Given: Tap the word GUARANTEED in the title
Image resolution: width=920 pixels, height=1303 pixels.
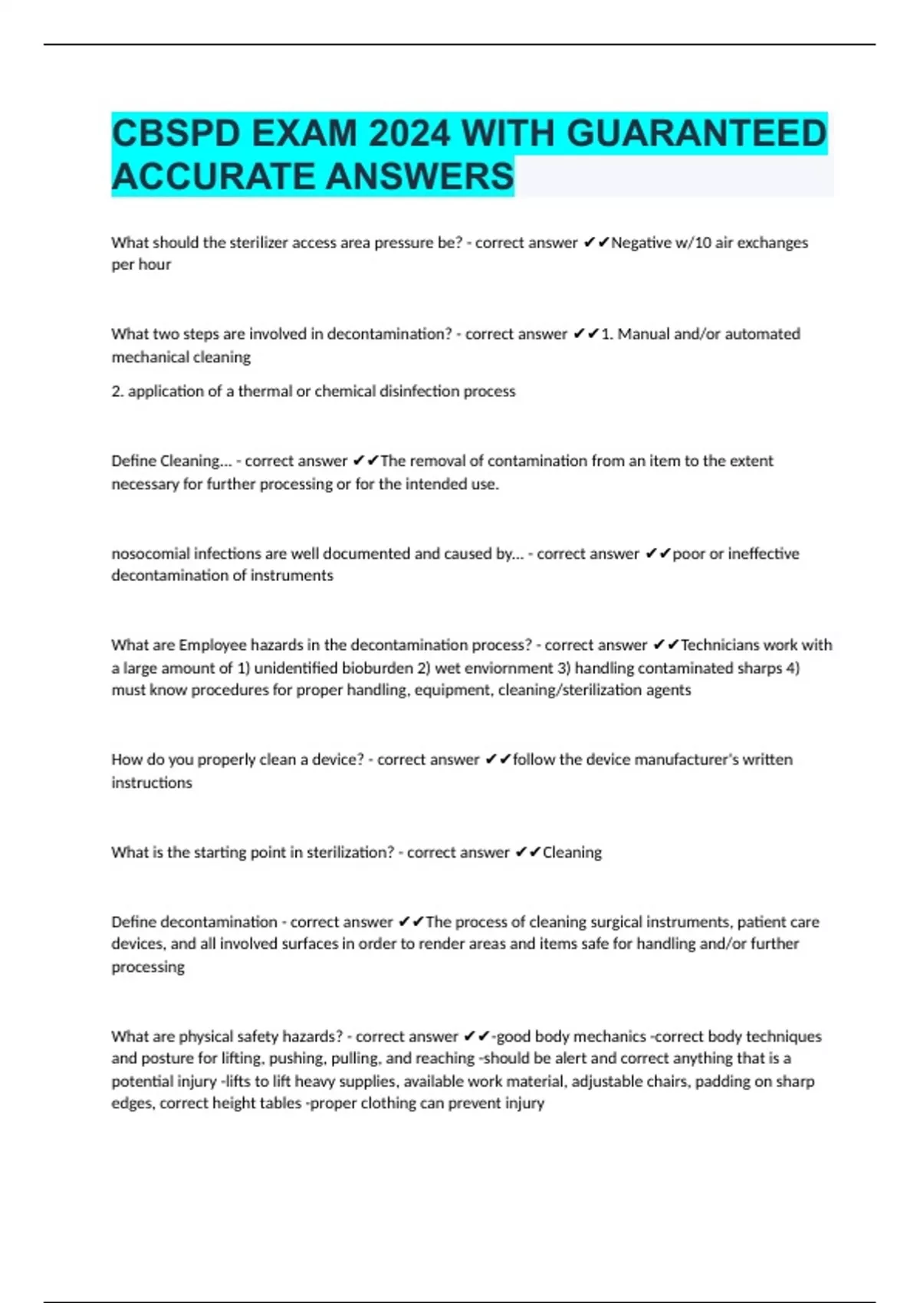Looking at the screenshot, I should (696, 134).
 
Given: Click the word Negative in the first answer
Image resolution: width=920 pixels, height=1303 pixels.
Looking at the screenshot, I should (641, 243).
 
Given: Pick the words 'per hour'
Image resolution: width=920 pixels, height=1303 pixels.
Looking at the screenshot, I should (141, 264).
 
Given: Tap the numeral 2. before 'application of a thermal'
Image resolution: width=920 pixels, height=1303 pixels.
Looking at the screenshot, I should (117, 392).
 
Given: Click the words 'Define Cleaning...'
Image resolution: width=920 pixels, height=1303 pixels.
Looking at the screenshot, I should (171, 461).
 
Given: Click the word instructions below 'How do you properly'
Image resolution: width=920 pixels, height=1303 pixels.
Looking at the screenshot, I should (152, 783).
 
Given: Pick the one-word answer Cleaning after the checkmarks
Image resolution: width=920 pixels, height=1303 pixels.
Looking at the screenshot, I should (572, 852).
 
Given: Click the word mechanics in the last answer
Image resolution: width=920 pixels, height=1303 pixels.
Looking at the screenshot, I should (610, 1036).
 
